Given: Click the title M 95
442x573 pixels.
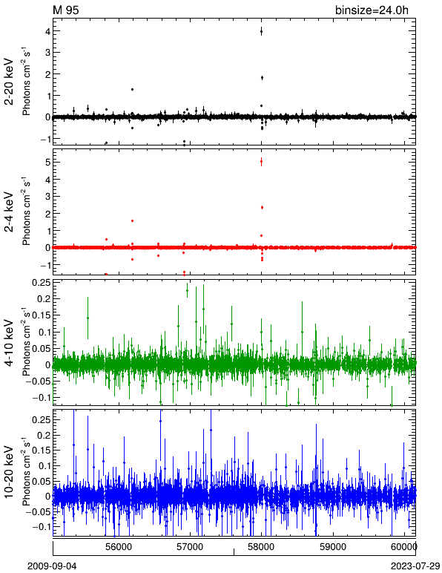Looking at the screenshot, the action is pos(66,10).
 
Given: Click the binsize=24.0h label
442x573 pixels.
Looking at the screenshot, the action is pos(372,10).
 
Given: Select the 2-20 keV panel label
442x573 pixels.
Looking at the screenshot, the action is pos(9,82).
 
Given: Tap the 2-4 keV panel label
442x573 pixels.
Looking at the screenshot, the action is pos(9,212).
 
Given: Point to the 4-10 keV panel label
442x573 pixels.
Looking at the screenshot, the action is pos(9,343).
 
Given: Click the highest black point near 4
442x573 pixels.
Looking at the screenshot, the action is pos(261,32).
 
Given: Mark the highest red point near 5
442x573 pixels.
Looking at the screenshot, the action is pos(261,161).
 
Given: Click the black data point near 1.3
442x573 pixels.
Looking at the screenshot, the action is pos(132,89).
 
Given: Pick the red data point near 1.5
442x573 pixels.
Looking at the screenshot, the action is pos(132,220).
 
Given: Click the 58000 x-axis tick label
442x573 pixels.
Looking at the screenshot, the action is pos(261,547).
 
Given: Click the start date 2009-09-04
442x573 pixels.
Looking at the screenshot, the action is pos(52,566).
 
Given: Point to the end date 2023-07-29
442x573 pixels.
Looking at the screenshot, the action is pos(415,566).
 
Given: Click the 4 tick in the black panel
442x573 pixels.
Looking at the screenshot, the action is pos(47,31).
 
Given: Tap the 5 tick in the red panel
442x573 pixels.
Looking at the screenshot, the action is pos(47,162).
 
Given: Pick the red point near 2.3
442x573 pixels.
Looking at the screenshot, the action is pos(262,207).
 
